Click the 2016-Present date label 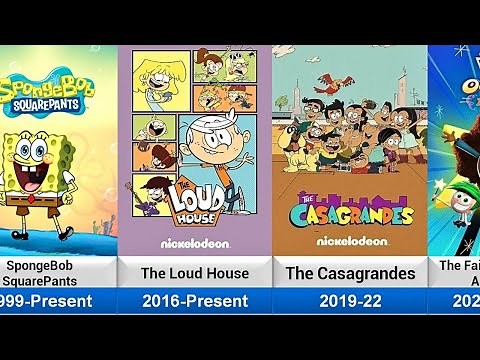pos(195,300)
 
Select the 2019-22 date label pos(349,300)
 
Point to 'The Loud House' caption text pos(195,272)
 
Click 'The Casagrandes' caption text pos(349,272)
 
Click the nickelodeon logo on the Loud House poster pos(195,242)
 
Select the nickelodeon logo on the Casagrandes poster pos(349,241)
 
